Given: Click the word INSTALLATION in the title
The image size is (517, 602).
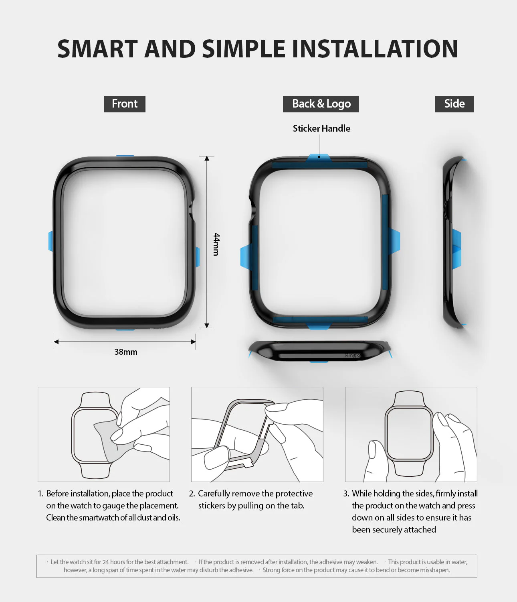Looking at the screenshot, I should coord(375,49).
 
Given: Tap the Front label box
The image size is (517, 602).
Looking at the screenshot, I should coord(125,104).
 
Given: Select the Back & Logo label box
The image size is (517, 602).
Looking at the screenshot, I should coord(321,104).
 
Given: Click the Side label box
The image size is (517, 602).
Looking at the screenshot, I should coord(454,104).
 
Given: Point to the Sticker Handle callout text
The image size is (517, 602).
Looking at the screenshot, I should coord(321,128).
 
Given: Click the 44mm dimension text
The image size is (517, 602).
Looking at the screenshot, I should coord(216,244).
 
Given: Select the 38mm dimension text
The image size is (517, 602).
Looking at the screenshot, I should coord(126,352).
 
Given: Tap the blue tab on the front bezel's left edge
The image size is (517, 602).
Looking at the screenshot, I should coord(50,241).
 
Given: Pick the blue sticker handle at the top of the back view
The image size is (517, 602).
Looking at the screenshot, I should coord(319,158).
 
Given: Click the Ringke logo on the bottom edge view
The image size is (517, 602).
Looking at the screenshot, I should coord(353,356).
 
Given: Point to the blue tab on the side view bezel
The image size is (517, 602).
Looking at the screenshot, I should coord(456,248).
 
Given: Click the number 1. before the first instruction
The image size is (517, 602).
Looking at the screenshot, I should coord(40,494).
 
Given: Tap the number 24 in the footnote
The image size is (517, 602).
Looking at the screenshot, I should coord(106,562).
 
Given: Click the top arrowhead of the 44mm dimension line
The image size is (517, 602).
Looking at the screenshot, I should coord(207,159).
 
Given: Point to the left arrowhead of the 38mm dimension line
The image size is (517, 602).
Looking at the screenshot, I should coord(57,342).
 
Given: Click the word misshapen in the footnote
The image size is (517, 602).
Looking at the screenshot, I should coord(436,570).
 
